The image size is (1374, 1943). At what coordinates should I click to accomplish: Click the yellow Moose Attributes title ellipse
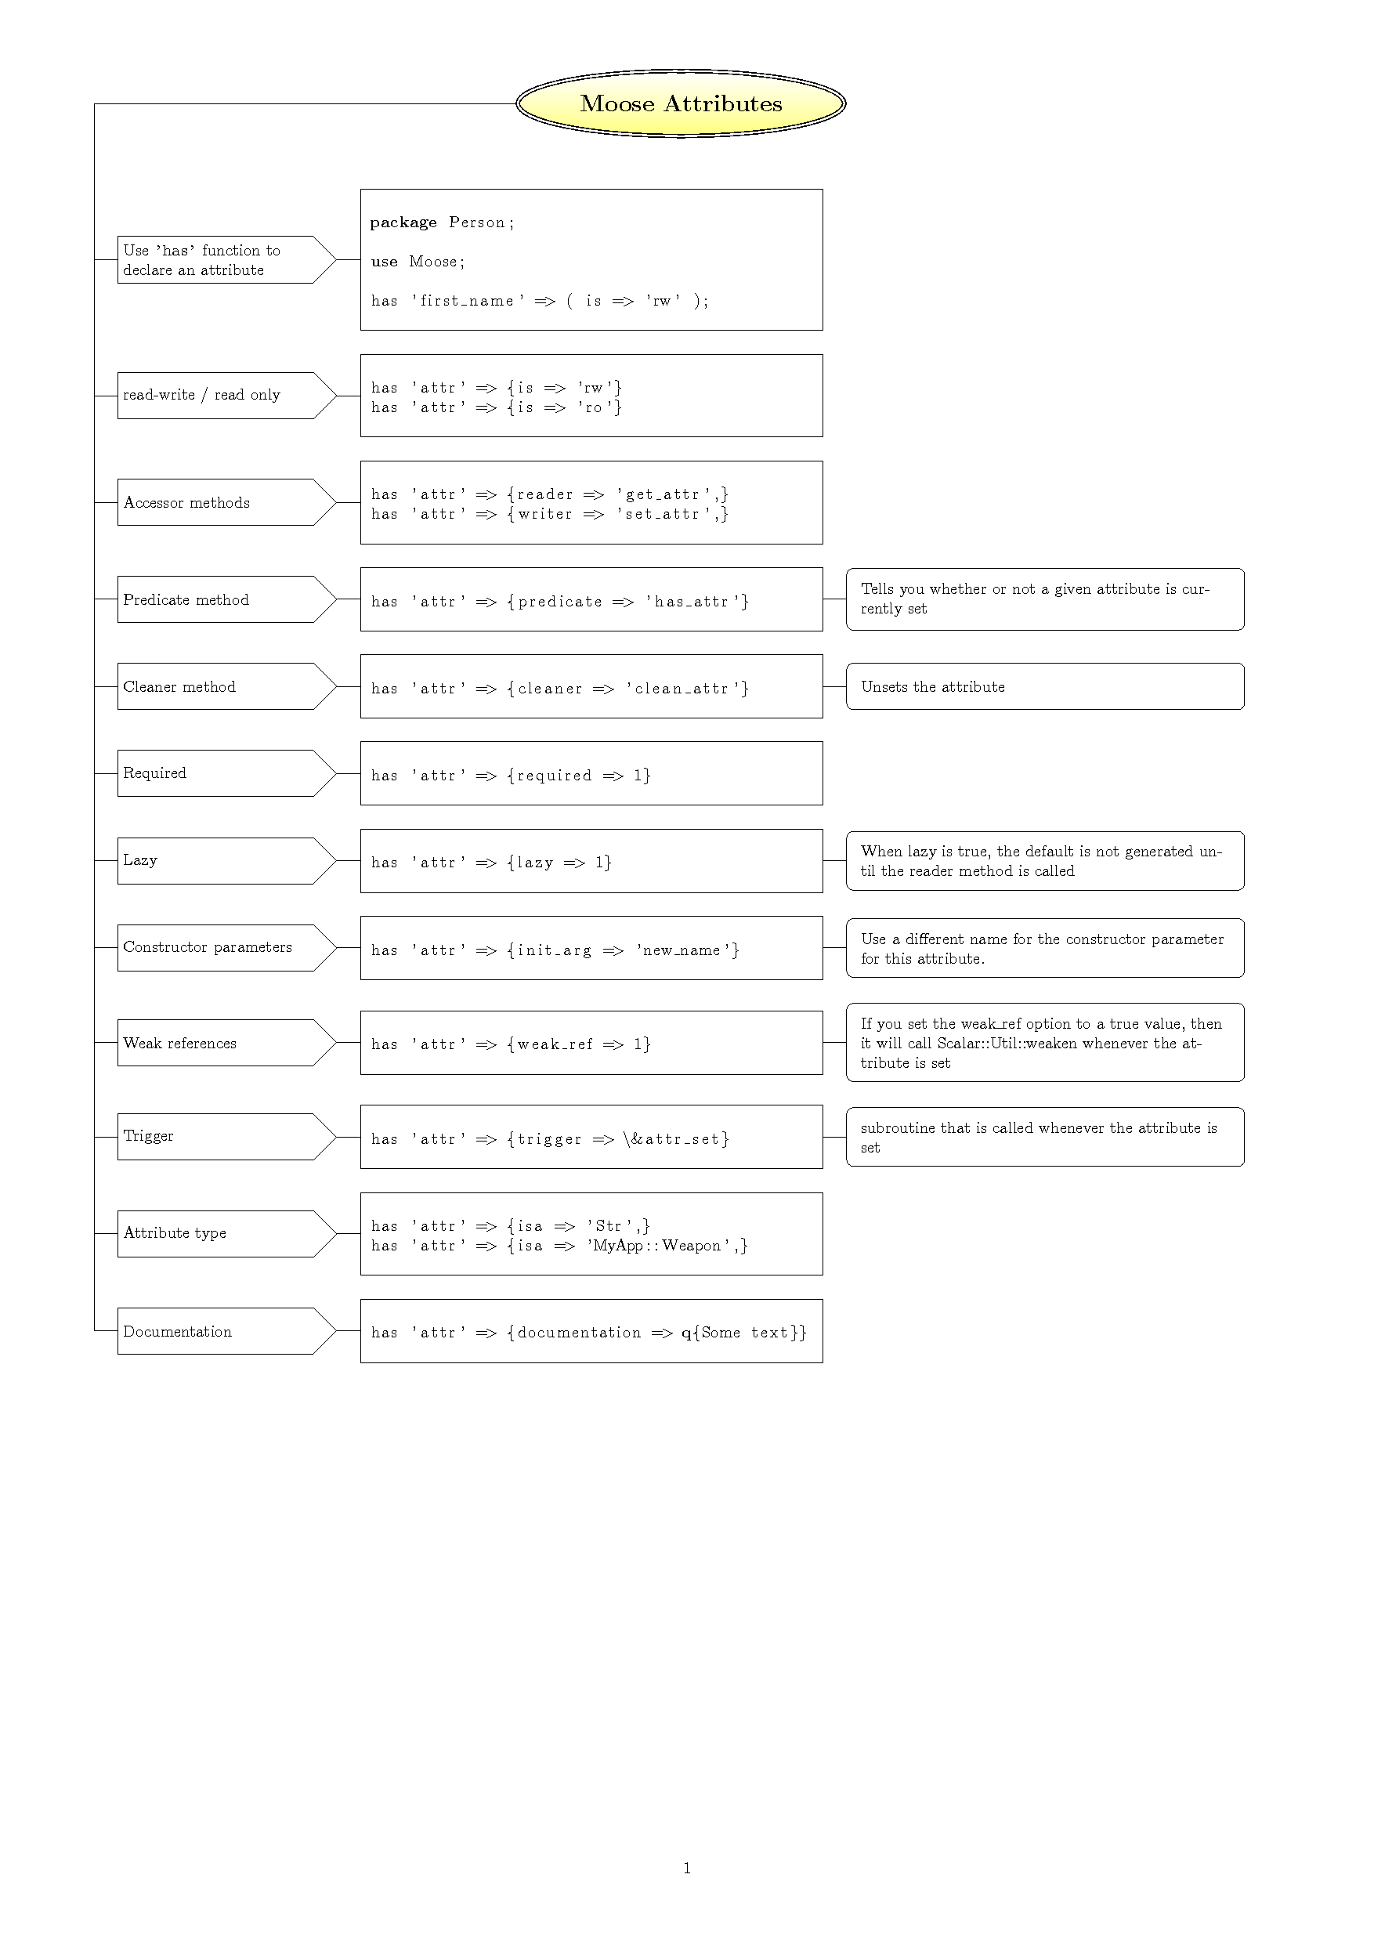pyautogui.click(x=680, y=104)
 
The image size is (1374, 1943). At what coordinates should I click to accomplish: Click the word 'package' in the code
pyautogui.click(x=403, y=223)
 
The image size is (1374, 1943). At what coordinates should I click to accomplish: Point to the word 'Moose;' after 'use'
pyautogui.click(x=436, y=262)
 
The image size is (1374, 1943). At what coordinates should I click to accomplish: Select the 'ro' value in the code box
pyautogui.click(x=594, y=408)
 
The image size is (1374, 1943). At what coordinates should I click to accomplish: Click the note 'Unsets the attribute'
pyautogui.click(x=932, y=687)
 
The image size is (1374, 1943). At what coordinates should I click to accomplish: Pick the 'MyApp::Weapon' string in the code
pyautogui.click(x=659, y=1246)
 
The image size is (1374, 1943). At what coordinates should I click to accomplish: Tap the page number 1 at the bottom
pyautogui.click(x=687, y=1868)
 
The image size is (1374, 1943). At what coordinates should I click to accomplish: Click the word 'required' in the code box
pyautogui.click(x=554, y=776)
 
